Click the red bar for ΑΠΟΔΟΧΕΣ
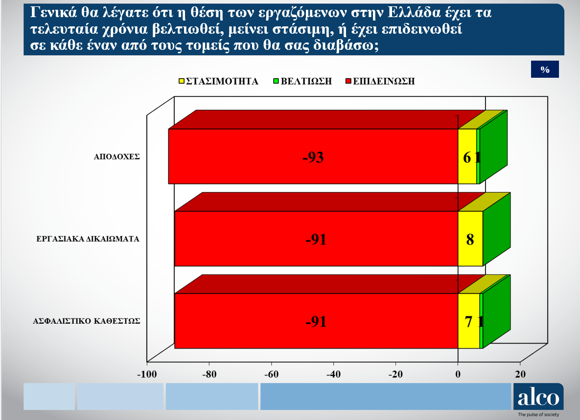point(313,156)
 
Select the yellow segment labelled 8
point(470,239)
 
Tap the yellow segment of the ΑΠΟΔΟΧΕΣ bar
point(467,156)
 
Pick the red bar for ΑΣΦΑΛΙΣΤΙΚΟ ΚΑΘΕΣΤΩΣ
point(316,321)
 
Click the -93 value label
point(313,157)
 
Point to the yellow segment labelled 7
point(469,321)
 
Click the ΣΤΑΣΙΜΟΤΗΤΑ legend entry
point(218,81)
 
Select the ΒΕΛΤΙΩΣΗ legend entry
point(302,81)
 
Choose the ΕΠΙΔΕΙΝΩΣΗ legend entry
point(380,81)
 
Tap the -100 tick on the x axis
point(147,374)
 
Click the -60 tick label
point(271,374)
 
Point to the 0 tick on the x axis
point(458,374)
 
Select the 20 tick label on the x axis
point(520,374)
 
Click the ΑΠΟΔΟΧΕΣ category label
point(116,156)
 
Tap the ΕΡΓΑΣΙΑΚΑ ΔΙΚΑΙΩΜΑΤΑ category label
point(88,239)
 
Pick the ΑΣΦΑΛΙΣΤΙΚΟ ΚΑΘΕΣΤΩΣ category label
point(87,321)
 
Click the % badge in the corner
point(545,69)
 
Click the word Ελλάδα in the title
point(414,12)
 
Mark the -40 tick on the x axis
point(333,374)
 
